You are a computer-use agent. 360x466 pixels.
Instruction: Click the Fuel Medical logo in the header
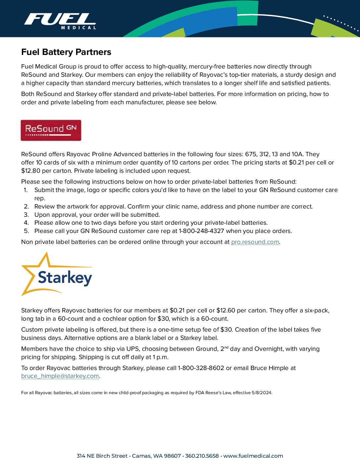click(60, 21)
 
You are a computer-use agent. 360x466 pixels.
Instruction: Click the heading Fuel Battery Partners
click(66, 52)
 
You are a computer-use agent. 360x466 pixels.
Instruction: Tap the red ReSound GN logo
click(51, 130)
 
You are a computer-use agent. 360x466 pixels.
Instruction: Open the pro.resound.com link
click(255, 242)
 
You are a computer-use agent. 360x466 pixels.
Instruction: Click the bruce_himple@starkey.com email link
click(60, 376)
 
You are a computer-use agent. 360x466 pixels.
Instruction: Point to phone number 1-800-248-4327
click(201, 231)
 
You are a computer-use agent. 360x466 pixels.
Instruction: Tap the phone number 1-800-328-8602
click(201, 368)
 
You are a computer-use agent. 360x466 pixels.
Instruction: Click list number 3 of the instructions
click(26, 215)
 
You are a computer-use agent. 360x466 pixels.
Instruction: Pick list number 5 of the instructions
click(26, 231)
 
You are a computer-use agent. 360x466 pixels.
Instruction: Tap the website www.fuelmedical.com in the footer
click(253, 456)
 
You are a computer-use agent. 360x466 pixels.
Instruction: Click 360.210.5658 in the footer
click(202, 456)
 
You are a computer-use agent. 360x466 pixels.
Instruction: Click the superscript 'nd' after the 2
click(226, 347)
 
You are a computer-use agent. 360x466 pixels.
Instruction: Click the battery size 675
click(251, 154)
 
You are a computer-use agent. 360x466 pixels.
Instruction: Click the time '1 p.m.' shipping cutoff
click(160, 357)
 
